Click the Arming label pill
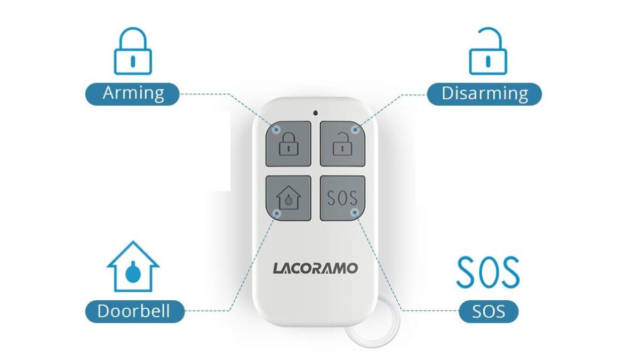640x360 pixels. tap(133, 94)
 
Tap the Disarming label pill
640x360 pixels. tap(484, 94)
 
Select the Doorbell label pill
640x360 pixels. tap(135, 311)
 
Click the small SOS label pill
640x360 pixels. tap(489, 311)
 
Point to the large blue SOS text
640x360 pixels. tap(488, 272)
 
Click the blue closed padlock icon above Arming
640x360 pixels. tap(133, 51)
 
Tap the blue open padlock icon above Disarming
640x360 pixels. tap(488, 51)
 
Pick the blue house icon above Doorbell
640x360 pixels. tap(133, 266)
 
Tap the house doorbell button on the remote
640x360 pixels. tap(289, 198)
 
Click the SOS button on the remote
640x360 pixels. tap(342, 198)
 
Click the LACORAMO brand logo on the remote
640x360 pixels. tap(315, 268)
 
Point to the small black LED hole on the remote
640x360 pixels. tap(315, 113)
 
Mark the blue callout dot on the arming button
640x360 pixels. tap(276, 130)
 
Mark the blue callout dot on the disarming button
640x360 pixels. tap(355, 130)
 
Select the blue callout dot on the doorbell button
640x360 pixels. tap(277, 213)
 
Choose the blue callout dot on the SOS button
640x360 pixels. tap(355, 212)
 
